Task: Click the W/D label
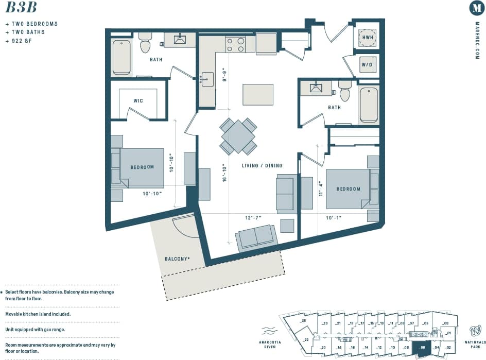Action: [368, 65]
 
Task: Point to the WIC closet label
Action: [138, 101]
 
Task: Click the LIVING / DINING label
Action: [262, 166]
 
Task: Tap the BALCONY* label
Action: [177, 259]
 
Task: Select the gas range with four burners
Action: [236, 44]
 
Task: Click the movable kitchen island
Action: [258, 94]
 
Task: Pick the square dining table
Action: [238, 136]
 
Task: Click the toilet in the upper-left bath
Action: [145, 44]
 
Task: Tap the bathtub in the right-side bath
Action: [369, 105]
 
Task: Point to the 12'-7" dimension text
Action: [253, 218]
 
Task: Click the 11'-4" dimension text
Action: [320, 189]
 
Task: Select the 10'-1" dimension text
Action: [333, 218]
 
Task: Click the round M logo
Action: [477, 8]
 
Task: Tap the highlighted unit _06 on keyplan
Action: [422, 348]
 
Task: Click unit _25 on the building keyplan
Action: [304, 321]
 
